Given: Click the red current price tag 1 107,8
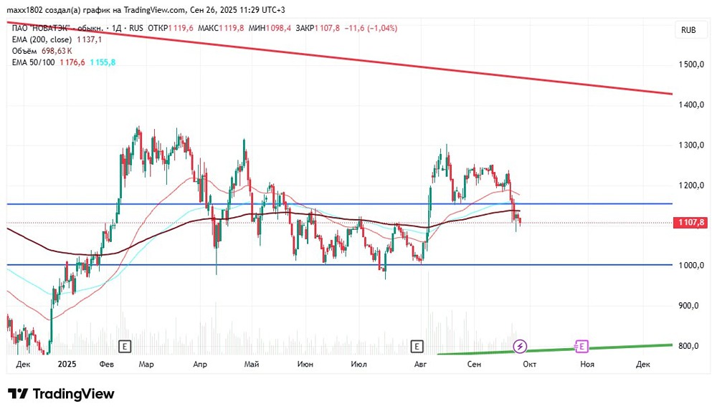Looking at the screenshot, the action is (x=690, y=223).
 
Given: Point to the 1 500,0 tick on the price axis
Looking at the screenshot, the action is (x=691, y=64).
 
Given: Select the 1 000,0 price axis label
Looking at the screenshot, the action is (x=691, y=266).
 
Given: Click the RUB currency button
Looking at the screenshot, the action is (x=688, y=30).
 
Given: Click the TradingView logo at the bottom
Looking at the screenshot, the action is (x=61, y=393).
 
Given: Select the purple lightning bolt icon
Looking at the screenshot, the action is (x=519, y=347).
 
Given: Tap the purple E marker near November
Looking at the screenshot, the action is (x=581, y=347).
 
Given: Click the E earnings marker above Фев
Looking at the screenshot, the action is (x=124, y=347).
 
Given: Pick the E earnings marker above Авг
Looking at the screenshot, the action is (x=417, y=347).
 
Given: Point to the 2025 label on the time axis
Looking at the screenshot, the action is (x=67, y=364).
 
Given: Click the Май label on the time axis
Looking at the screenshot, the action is (x=252, y=364).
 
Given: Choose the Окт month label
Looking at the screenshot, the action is (x=530, y=364).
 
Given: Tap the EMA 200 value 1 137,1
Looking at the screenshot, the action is (x=89, y=40).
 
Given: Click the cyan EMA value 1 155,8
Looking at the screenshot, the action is (x=103, y=62).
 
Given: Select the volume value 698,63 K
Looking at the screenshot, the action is (x=57, y=51).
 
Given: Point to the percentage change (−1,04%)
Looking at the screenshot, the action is (x=382, y=29).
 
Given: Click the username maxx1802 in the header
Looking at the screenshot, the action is (x=23, y=10).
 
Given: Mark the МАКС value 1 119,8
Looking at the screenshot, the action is (x=232, y=29).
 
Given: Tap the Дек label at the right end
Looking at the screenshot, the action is (x=642, y=364).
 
